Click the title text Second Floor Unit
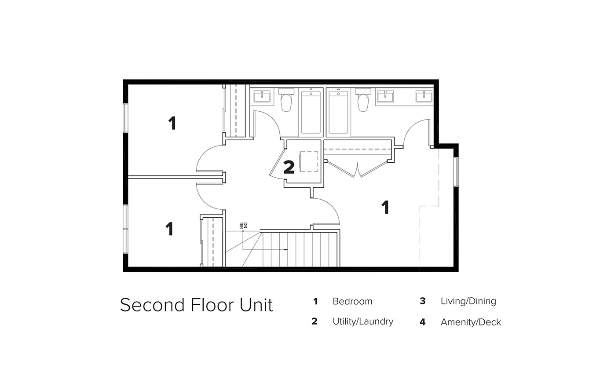(x=196, y=305)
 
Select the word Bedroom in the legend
(x=352, y=301)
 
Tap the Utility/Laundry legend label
(x=363, y=321)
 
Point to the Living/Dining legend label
(x=468, y=301)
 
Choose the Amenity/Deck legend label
(x=471, y=322)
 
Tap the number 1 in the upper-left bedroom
(x=172, y=123)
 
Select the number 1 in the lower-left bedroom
(x=170, y=229)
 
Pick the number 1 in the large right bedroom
(x=385, y=207)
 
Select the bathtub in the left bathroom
(x=311, y=112)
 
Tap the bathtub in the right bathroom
(x=338, y=112)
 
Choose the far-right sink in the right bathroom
(x=424, y=96)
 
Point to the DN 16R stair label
(x=243, y=226)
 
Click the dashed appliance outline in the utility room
(x=309, y=161)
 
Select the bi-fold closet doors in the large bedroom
(x=358, y=169)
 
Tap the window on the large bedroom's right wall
(x=456, y=172)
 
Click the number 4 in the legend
(x=422, y=322)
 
